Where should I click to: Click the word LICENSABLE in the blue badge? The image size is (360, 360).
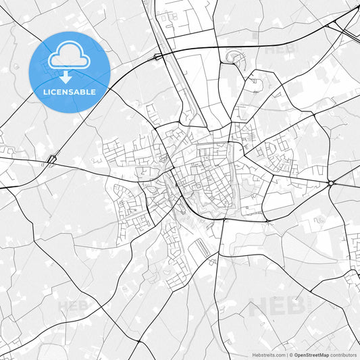[70, 92]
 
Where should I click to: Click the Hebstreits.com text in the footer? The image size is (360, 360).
[267, 355]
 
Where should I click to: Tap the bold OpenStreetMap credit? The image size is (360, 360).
[311, 355]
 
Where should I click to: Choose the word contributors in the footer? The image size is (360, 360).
[344, 355]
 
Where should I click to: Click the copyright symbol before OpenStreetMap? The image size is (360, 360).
[290, 355]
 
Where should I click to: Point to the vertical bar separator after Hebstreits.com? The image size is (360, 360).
[286, 355]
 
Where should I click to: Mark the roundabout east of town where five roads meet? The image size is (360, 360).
[331, 183]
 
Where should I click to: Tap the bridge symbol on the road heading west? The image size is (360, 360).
[51, 161]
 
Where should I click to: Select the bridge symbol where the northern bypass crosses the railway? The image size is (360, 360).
[158, 57]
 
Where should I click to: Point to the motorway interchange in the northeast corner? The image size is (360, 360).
[341, 24]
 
